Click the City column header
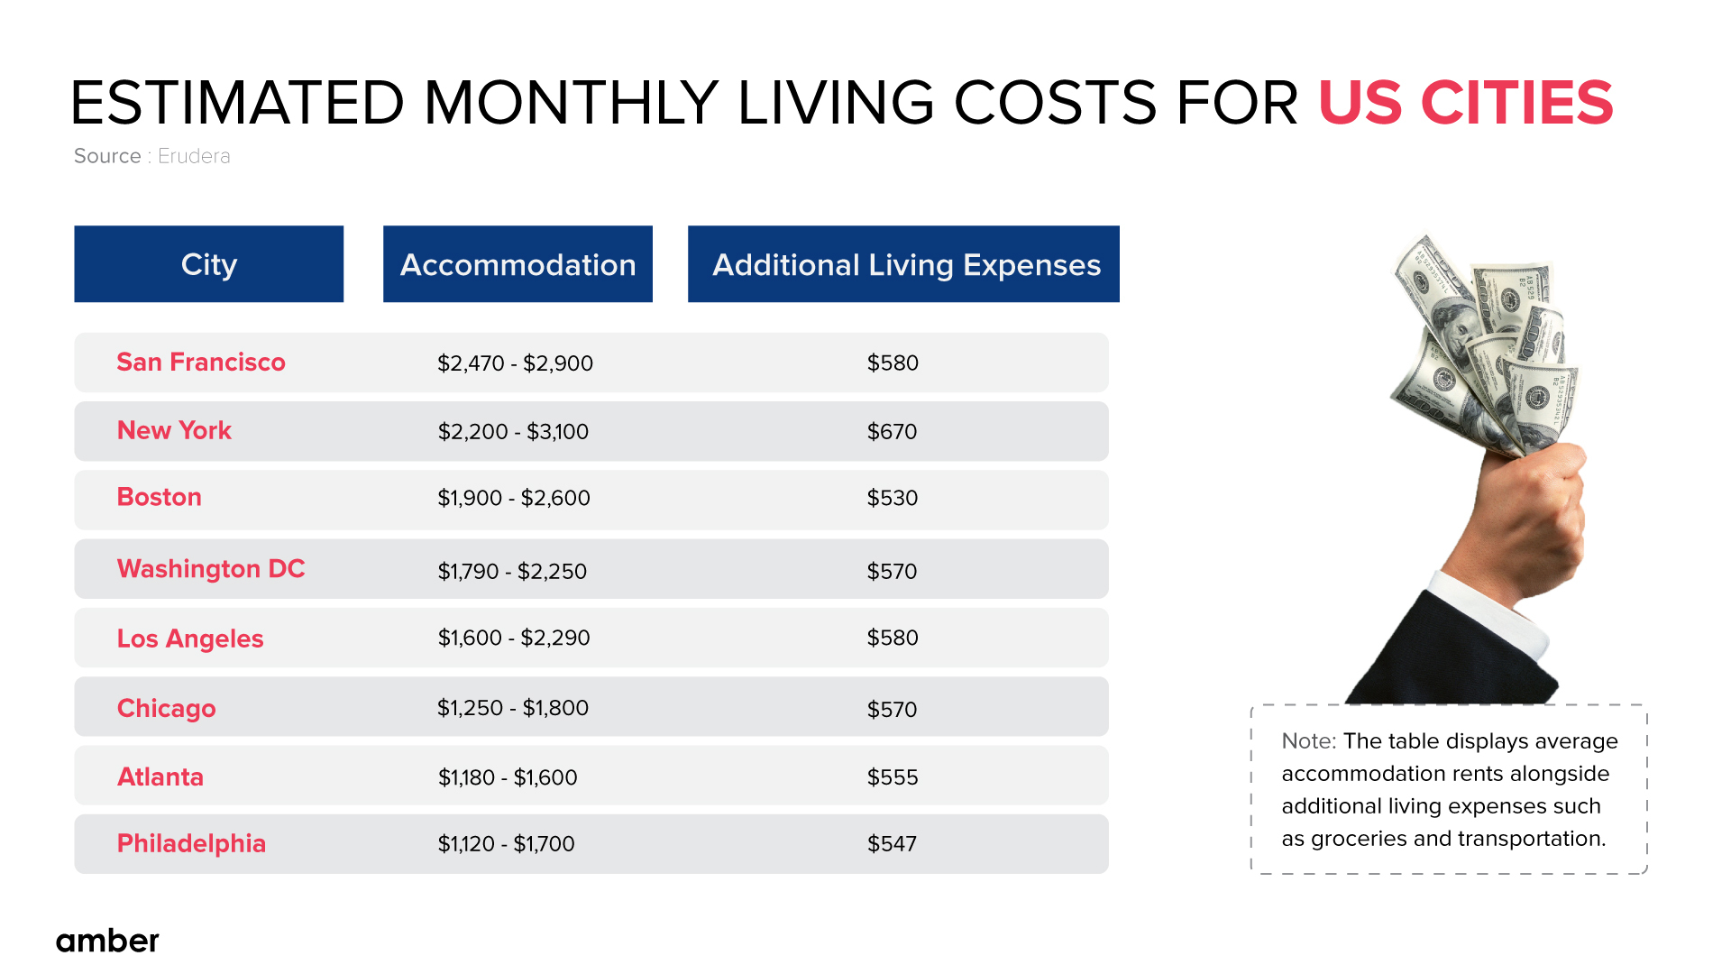coord(208,264)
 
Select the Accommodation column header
coord(517,264)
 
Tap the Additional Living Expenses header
coord(904,264)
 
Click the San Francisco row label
coord(201,363)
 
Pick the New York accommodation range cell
coord(513,432)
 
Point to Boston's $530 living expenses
coord(893,498)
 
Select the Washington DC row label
coord(211,569)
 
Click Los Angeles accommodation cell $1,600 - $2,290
coord(514,639)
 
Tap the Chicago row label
coord(167,709)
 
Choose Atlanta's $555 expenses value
coord(893,777)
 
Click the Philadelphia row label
coord(191,844)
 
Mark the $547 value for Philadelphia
coord(892,844)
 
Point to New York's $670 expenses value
coord(892,432)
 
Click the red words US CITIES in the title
coord(1465,103)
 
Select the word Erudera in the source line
coord(194,156)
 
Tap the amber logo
coord(107,941)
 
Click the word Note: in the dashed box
coord(1308,741)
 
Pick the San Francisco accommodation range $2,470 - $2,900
coord(515,363)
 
